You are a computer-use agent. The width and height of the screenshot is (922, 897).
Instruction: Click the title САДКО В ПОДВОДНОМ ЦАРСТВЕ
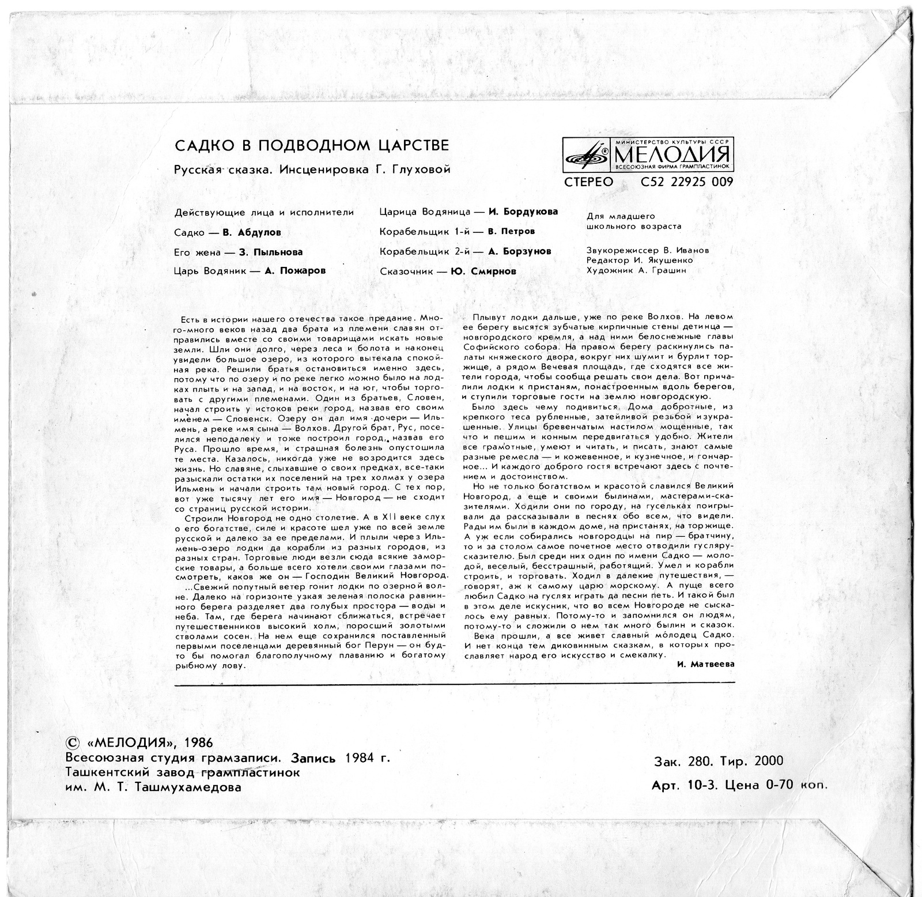tap(311, 145)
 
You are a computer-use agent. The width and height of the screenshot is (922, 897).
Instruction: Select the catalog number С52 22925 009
tap(686, 183)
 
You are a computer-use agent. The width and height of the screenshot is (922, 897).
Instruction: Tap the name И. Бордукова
tap(523, 212)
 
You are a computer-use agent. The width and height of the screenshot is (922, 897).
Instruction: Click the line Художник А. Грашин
tap(636, 270)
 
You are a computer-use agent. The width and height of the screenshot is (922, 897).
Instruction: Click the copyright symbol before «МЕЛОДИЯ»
tap(73, 743)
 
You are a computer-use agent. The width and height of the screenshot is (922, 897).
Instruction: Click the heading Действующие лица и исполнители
tap(263, 213)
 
